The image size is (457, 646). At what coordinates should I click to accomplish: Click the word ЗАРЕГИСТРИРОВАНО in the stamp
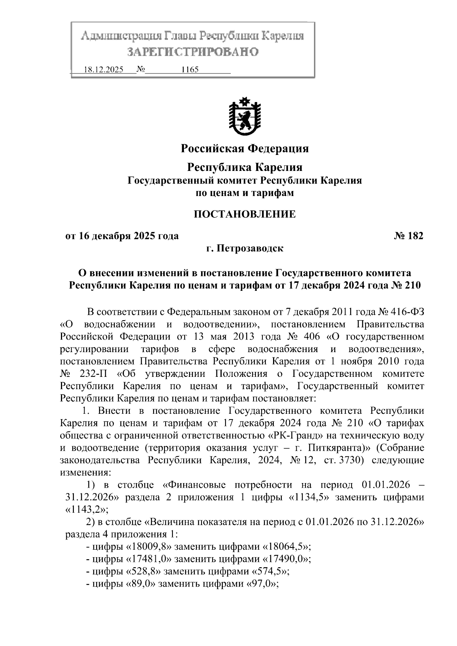[192, 51]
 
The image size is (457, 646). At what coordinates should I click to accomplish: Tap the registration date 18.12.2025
[103, 70]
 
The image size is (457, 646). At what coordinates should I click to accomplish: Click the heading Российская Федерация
[244, 148]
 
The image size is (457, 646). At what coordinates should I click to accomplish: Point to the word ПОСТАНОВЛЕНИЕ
[244, 214]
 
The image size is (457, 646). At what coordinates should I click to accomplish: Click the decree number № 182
[408, 236]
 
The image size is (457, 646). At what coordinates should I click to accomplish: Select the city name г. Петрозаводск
[244, 249]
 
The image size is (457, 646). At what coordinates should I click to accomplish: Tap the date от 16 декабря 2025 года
[122, 236]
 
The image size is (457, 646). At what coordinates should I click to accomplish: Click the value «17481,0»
[149, 559]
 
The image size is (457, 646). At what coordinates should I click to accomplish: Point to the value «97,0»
[262, 584]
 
